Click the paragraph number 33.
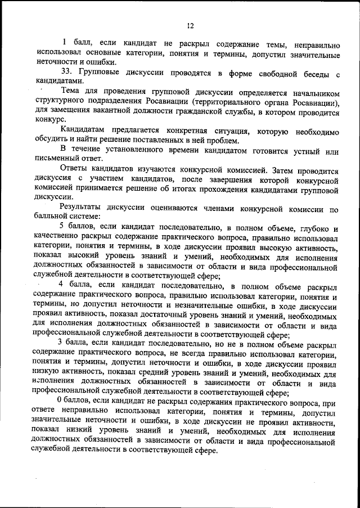tap(67, 74)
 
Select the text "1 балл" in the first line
tap(74, 42)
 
